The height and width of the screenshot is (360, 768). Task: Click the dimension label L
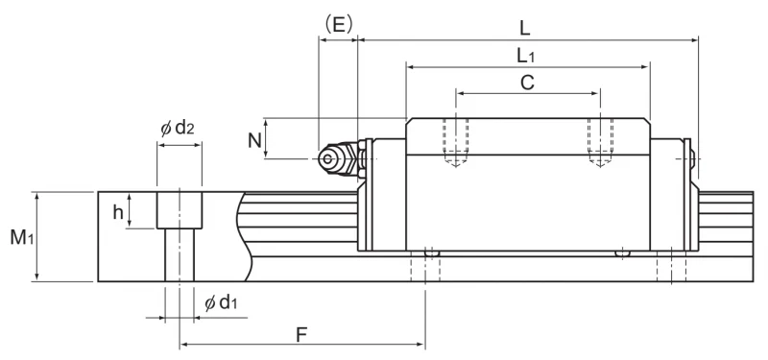pyautogui.click(x=524, y=28)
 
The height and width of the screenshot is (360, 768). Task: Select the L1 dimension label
pyautogui.click(x=526, y=57)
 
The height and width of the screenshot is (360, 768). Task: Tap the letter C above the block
pyautogui.click(x=527, y=83)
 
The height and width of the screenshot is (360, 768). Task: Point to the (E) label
pyautogui.click(x=339, y=24)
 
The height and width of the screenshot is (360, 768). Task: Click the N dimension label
pyautogui.click(x=254, y=140)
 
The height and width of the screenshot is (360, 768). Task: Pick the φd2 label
pyautogui.click(x=178, y=129)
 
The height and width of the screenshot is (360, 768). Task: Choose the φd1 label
pyautogui.click(x=221, y=302)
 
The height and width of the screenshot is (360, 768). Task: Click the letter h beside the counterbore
pyautogui.click(x=118, y=212)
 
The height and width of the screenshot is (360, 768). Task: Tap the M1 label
pyautogui.click(x=22, y=237)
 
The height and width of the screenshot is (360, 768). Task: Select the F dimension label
pyautogui.click(x=301, y=335)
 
